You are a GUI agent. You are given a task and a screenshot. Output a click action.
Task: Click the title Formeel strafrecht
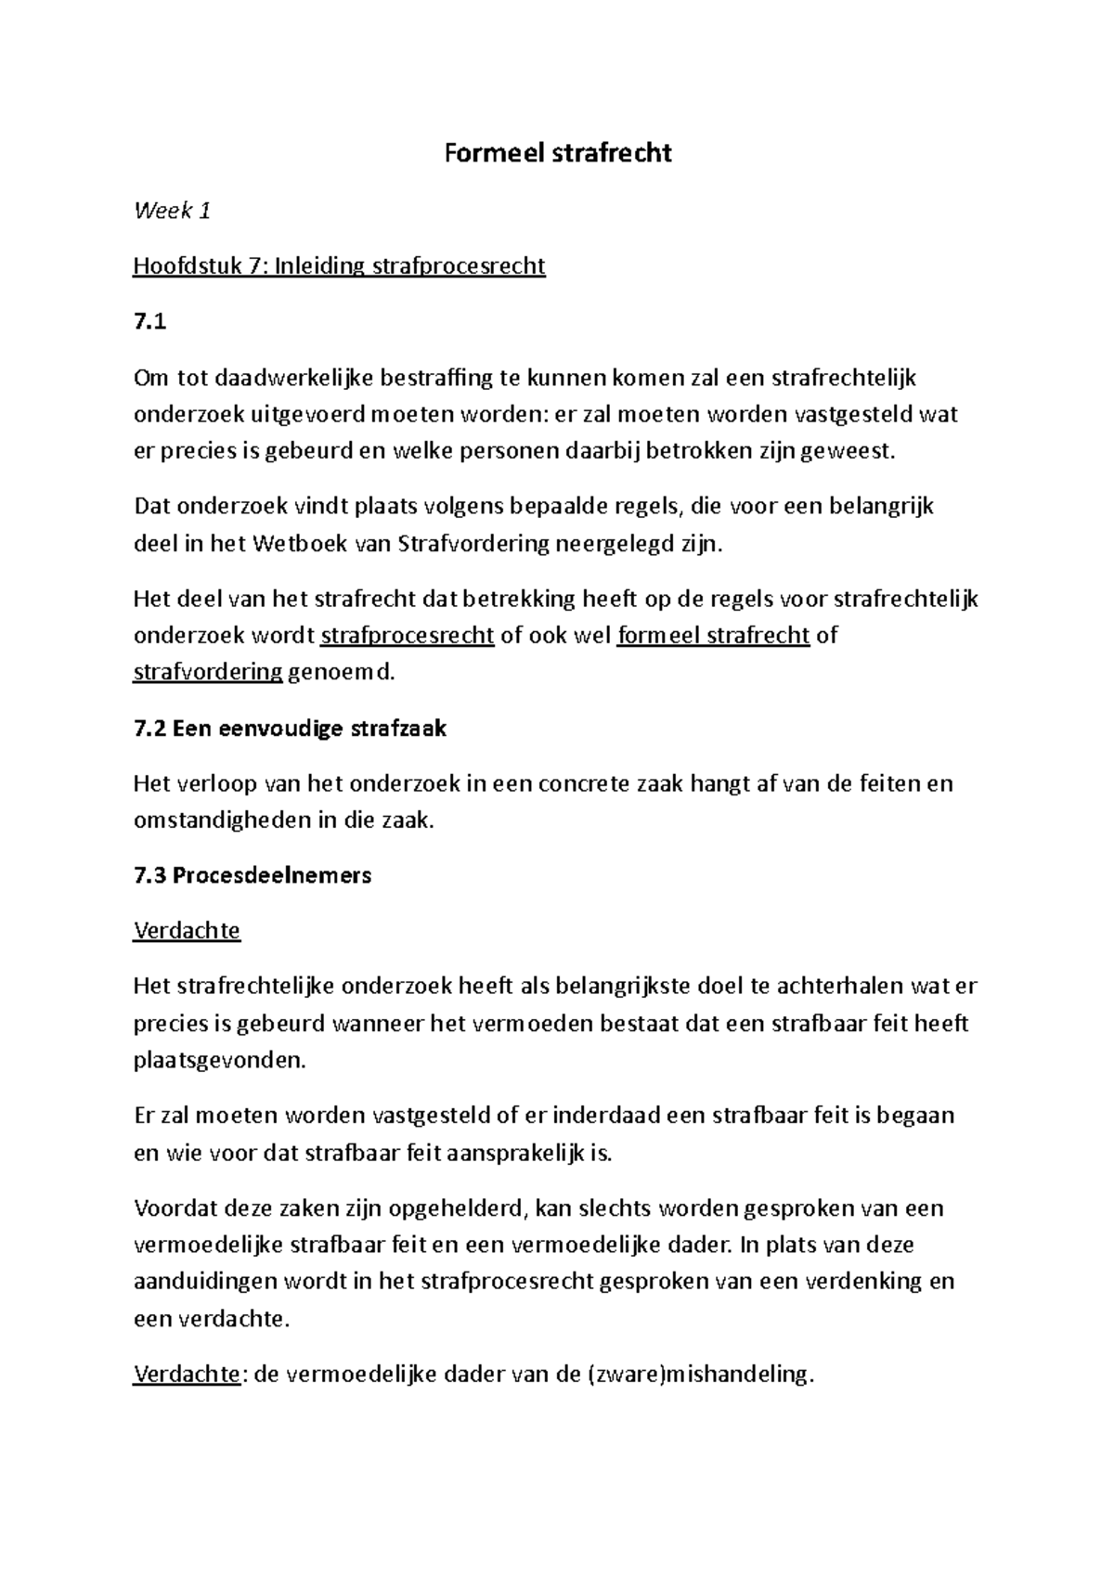click(557, 153)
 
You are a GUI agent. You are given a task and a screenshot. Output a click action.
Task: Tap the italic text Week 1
click(172, 211)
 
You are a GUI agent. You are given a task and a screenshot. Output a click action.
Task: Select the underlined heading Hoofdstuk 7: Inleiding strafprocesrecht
click(339, 266)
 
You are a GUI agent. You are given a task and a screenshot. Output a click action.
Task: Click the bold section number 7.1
click(149, 322)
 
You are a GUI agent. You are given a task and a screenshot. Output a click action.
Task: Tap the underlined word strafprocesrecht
click(407, 636)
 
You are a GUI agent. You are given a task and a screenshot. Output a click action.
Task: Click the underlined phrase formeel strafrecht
click(713, 636)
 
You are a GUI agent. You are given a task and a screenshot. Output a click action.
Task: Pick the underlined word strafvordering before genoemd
click(208, 673)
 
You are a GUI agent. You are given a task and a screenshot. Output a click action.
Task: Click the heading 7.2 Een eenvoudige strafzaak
click(290, 729)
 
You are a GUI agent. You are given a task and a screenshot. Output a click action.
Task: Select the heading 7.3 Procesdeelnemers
click(253, 875)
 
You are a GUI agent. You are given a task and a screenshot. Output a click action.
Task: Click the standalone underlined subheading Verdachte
click(187, 931)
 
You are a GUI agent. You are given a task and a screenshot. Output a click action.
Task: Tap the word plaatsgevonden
click(219, 1060)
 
